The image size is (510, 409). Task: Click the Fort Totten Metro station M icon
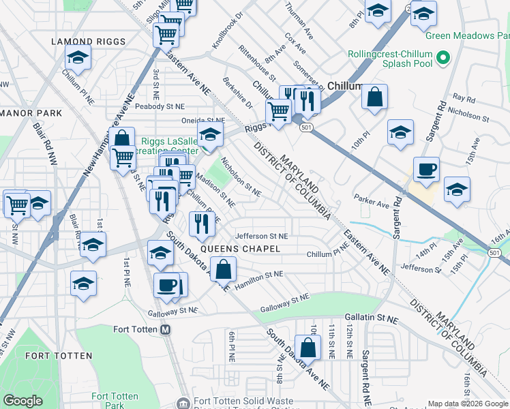164,330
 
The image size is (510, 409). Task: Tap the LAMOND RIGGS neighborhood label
89,42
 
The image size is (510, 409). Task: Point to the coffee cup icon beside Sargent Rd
426,170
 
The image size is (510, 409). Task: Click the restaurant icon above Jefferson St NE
202,224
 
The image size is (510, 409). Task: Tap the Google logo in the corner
23,401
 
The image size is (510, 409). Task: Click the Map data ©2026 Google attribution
467,404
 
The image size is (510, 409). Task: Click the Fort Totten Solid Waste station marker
182,403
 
